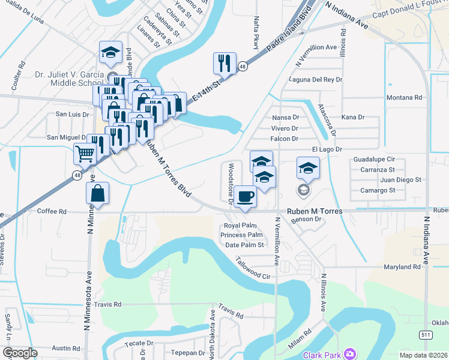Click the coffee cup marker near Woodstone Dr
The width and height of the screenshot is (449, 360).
click(244, 196)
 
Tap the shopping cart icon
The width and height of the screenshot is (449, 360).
click(85, 154)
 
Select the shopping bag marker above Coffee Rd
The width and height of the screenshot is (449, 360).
click(97, 193)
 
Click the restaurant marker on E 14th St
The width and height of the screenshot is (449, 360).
click(224, 63)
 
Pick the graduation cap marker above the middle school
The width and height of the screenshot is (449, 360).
click(110, 52)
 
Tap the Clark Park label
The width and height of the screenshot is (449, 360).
click(322, 355)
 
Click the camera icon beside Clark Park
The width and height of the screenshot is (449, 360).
click(350, 354)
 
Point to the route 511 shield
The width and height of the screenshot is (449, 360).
click(426, 334)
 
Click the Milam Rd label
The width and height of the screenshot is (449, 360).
click(298, 340)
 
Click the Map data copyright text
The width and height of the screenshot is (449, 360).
click(420, 355)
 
